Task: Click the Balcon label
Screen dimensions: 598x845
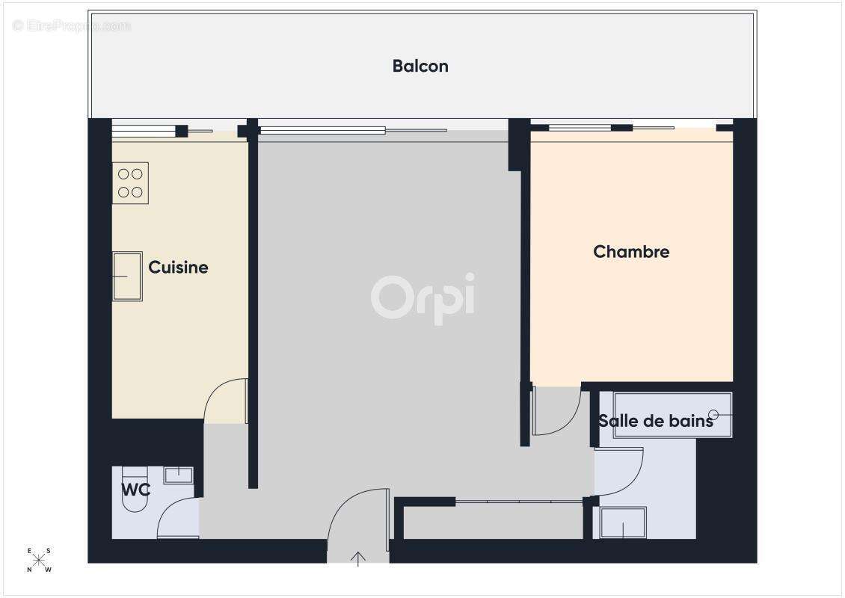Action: (x=420, y=66)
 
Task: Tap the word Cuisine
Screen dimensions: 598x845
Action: (x=178, y=268)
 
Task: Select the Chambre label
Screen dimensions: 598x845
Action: (x=631, y=252)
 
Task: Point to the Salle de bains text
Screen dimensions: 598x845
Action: (x=655, y=421)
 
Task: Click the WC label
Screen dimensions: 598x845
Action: (x=136, y=490)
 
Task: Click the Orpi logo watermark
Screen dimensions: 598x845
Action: (x=423, y=297)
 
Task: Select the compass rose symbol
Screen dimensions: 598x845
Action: (x=40, y=560)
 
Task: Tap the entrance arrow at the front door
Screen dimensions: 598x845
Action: (x=358, y=558)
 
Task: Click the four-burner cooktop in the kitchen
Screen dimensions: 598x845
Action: (x=130, y=183)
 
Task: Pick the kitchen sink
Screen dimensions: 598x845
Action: (x=127, y=276)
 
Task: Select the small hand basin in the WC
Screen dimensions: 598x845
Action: (x=178, y=475)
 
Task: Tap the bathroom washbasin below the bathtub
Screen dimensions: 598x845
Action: (x=622, y=523)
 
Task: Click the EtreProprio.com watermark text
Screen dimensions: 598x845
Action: (x=72, y=25)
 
